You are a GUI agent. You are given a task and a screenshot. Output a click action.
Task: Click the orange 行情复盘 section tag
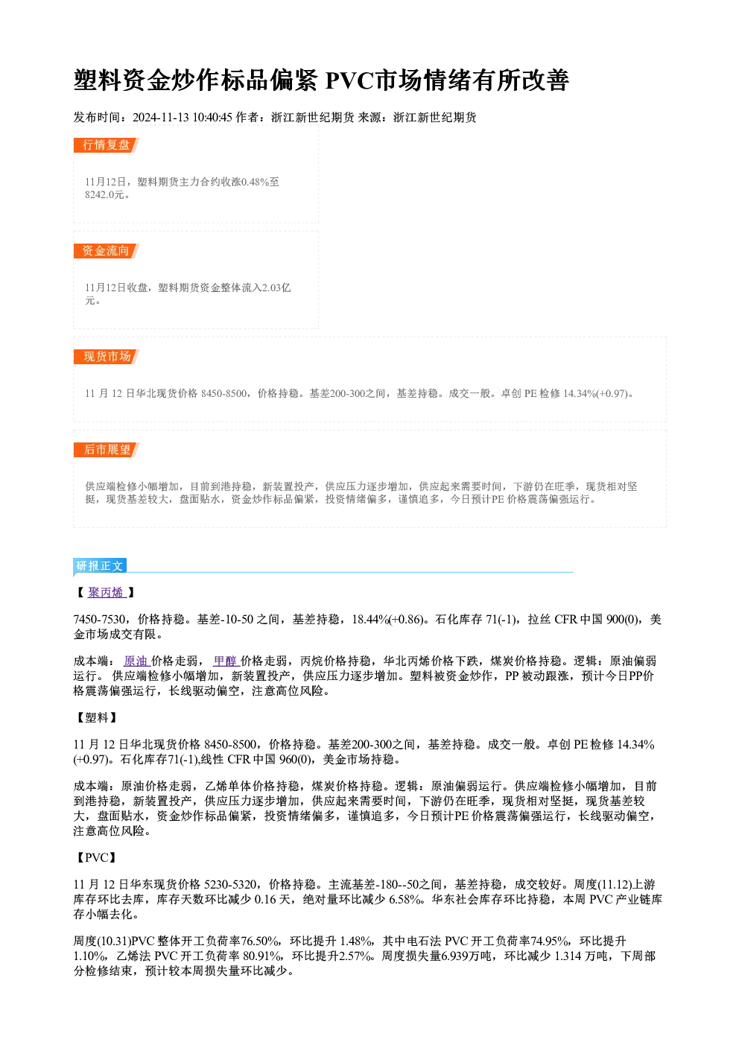[106, 145]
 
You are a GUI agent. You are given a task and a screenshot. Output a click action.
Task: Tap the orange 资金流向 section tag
[106, 251]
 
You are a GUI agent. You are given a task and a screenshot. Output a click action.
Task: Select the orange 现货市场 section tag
[106, 357]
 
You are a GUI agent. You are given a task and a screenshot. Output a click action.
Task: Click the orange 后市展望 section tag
[106, 450]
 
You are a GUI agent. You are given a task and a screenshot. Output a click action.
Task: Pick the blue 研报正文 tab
[100, 566]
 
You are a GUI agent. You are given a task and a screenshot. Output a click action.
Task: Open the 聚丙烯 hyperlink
[107, 592]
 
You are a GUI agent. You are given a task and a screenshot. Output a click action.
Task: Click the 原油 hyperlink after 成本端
[136, 661]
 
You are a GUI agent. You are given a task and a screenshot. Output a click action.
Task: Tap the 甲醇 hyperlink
[226, 661]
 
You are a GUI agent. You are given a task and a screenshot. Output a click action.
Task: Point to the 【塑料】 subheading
[97, 717]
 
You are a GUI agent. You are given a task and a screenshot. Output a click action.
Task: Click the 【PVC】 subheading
[97, 857]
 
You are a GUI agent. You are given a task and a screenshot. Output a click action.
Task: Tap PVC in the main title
[349, 80]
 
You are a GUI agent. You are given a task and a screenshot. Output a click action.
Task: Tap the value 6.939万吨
[466, 956]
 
